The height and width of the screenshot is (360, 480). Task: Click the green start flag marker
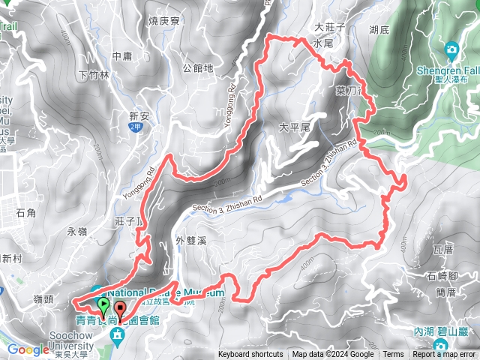[103, 305]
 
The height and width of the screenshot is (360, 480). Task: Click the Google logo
[28, 349]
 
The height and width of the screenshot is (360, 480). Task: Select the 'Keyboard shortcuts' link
[250, 355]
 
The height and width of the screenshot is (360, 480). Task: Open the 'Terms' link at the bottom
[393, 355]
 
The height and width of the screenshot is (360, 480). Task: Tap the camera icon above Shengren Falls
[451, 49]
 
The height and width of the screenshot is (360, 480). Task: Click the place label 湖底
[379, 31]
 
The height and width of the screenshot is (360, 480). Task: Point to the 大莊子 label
[328, 27]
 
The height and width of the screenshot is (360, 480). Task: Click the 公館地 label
[198, 68]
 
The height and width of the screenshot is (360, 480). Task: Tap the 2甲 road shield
[135, 128]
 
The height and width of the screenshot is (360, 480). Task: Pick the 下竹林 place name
[94, 75]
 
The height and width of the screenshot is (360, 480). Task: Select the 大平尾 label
[294, 128]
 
